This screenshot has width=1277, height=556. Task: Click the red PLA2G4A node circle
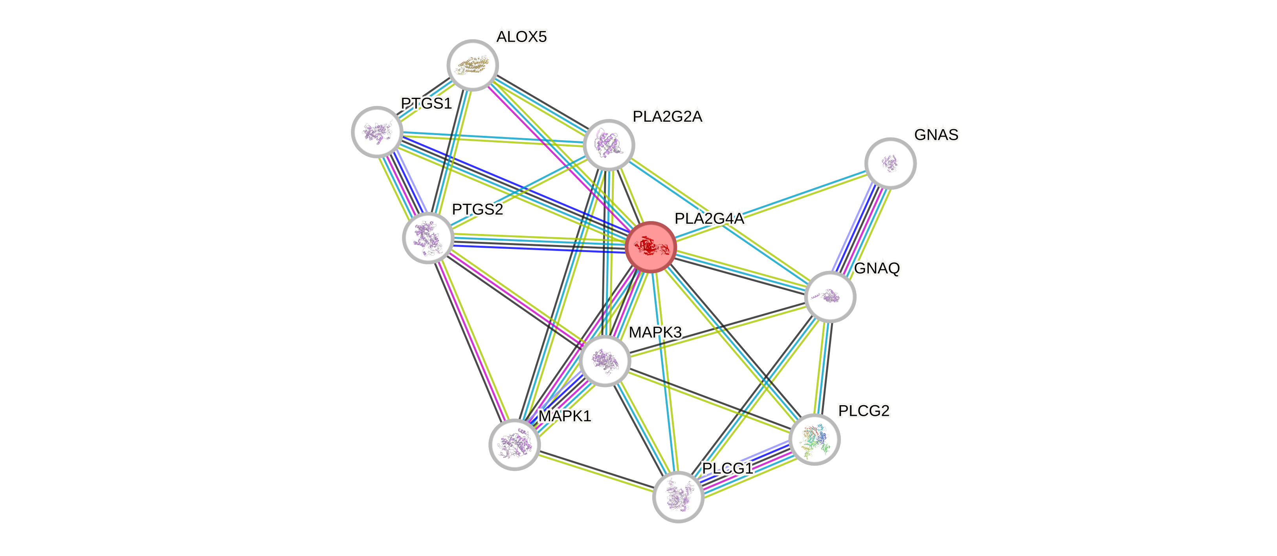(x=650, y=247)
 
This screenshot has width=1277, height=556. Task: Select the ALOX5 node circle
(x=472, y=65)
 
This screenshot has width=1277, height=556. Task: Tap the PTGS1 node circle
(x=377, y=132)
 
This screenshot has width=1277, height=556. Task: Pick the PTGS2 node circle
(x=428, y=238)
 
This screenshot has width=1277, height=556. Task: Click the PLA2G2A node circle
(x=609, y=145)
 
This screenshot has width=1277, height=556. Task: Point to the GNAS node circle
(x=890, y=163)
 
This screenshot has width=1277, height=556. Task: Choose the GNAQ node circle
(x=830, y=297)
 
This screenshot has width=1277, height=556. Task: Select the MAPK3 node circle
(x=605, y=360)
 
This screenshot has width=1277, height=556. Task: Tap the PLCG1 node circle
(x=678, y=497)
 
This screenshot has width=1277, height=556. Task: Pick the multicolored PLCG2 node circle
(x=815, y=439)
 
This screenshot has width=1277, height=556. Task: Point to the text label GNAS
(x=936, y=135)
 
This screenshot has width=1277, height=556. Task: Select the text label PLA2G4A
(x=709, y=219)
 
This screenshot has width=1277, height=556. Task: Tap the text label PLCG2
(x=864, y=411)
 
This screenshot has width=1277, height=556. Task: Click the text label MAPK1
(x=565, y=416)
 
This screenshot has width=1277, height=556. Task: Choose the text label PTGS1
(x=426, y=104)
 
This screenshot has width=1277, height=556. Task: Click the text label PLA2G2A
(x=667, y=117)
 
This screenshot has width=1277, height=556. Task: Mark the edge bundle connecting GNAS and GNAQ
(x=861, y=229)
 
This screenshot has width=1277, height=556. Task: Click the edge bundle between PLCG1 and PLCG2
(x=747, y=468)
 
